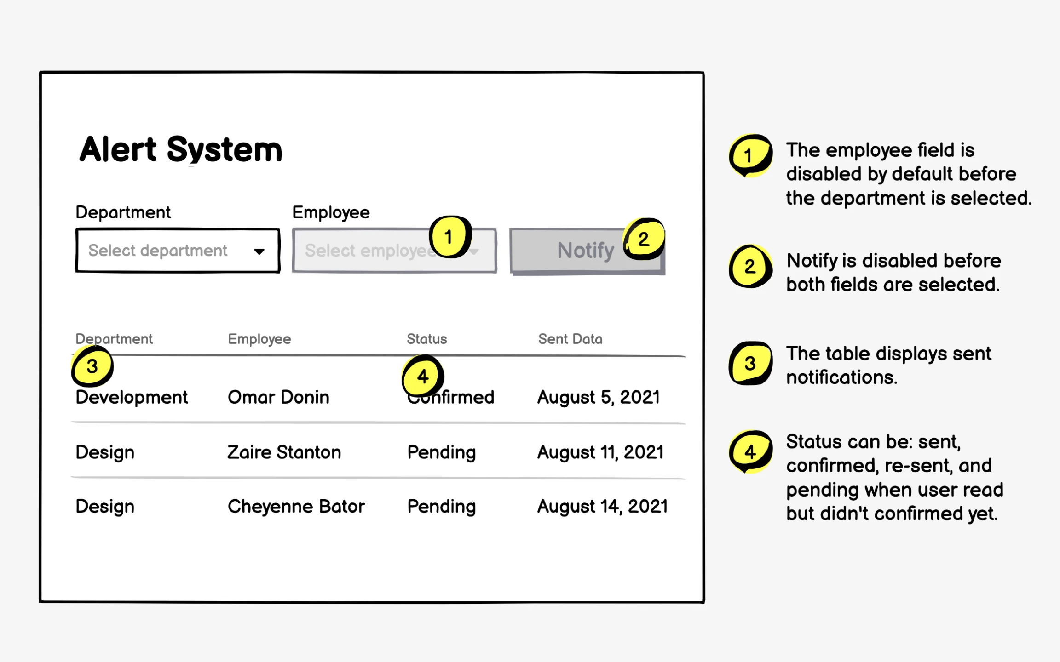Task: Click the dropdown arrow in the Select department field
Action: (259, 251)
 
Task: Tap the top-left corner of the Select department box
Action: (76, 229)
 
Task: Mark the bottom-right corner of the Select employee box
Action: (496, 272)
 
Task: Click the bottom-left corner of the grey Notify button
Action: (511, 274)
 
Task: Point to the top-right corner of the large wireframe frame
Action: (704, 72)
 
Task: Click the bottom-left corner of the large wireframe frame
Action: (40, 602)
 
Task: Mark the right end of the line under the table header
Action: (686, 356)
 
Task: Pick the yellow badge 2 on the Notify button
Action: (644, 239)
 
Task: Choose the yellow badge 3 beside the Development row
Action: (92, 366)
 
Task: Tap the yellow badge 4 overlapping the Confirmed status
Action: (423, 376)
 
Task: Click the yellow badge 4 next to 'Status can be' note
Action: (750, 452)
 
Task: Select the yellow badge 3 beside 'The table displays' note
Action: (750, 363)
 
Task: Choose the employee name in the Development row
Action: (279, 397)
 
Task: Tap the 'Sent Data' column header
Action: (570, 339)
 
